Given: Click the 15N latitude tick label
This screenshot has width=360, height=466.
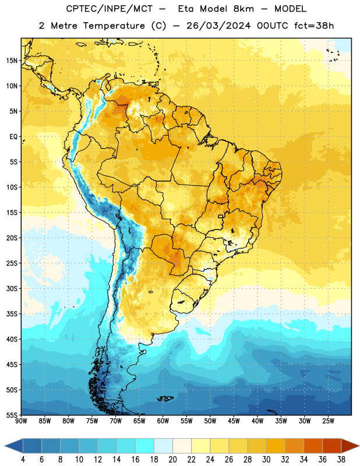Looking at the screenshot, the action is pos(12,61).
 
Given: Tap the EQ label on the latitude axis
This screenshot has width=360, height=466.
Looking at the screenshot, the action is pos(13,137).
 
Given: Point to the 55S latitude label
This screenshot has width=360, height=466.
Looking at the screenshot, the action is pos(12,415).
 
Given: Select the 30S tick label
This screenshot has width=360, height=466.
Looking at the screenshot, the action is pos(12,288).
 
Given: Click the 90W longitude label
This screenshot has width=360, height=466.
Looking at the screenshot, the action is pos(21,421).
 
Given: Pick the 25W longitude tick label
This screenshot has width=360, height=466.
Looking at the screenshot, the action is pos(328,421).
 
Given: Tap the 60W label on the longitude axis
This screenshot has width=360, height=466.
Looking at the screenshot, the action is pos(163,421).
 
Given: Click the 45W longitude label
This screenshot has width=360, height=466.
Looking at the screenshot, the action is pos(234,421).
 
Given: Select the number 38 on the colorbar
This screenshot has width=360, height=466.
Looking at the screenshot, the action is pos(341,460).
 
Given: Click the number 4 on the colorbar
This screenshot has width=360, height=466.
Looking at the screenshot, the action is pos(23,460).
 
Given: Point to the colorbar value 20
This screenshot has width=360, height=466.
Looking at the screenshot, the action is pos(172,460).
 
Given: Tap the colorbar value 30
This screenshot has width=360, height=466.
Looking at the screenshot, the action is pos(266,460).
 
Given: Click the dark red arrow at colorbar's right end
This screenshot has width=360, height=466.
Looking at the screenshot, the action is pos(350,446).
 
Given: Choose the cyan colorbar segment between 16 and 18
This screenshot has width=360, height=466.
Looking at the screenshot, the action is pos(145,446).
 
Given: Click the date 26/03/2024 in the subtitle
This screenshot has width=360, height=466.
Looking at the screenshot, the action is pos(218,26).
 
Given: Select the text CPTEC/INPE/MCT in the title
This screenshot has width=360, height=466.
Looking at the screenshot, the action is pos(109,9).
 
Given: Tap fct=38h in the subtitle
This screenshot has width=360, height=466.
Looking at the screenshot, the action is pos(314,26).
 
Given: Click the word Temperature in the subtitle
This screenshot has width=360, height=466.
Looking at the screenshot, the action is pos(114,26).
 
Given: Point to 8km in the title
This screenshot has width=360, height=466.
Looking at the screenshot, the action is pos(243,9).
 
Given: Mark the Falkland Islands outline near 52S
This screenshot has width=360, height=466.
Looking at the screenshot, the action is pos(165,398).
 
